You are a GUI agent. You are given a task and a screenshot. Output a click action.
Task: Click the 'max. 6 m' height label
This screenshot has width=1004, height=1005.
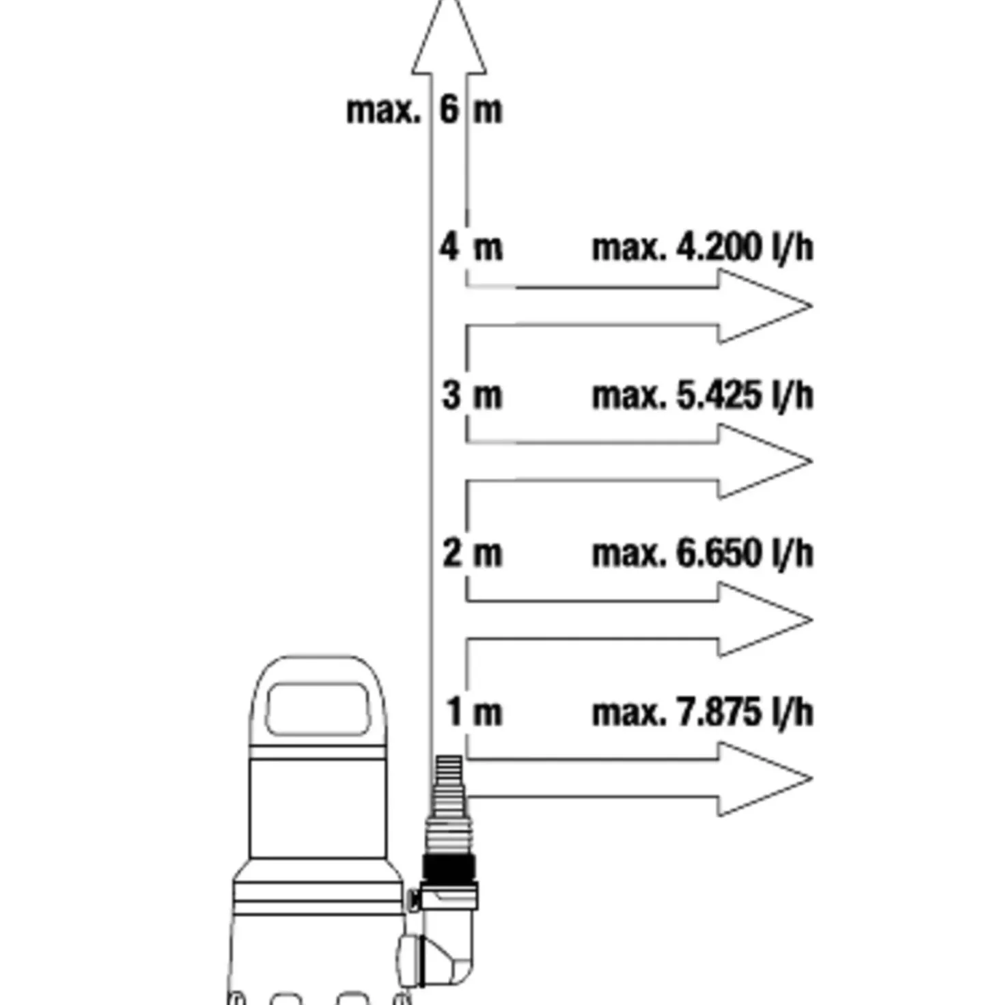point(425,111)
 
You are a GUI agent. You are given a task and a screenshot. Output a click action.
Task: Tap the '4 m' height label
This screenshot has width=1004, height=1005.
point(471,247)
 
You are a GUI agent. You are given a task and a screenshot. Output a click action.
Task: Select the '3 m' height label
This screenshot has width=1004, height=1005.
point(473,395)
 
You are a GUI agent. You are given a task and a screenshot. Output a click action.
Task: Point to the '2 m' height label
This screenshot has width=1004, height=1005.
point(473,553)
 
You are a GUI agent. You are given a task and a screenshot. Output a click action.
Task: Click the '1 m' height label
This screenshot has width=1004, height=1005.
point(474,712)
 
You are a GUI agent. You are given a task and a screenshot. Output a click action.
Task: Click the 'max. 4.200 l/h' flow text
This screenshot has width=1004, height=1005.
point(703,248)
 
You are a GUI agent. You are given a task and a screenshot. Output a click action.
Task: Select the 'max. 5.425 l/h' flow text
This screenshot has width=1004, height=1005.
point(703,396)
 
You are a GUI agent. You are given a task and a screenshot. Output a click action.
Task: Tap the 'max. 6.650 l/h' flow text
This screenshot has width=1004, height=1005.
point(703,553)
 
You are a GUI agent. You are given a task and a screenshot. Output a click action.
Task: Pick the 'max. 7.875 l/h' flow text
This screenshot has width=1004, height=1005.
point(703,713)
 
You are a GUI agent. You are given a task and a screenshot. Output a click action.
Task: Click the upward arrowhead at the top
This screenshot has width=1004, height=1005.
point(449,36)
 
